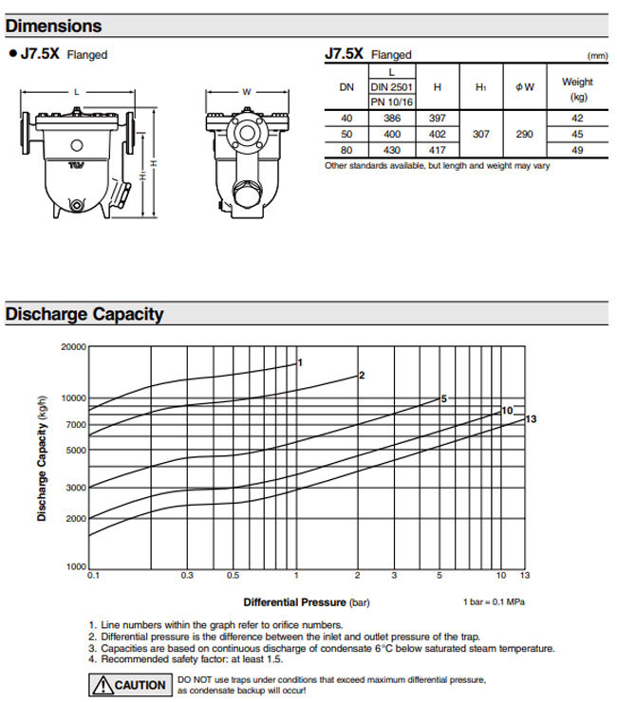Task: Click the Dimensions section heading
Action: pyautogui.click(x=54, y=26)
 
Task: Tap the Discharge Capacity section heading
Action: pyautogui.click(x=84, y=314)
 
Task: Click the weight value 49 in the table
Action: pyautogui.click(x=576, y=150)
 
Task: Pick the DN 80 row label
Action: pyautogui.click(x=346, y=150)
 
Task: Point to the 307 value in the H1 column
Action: pyautogui.click(x=481, y=134)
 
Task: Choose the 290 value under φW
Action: pyautogui.click(x=524, y=134)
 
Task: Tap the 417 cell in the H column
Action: pyautogui.click(x=437, y=150)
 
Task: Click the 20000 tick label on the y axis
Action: pyautogui.click(x=73, y=347)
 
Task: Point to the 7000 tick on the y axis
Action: pyautogui.click(x=76, y=424)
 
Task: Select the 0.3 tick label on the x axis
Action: pyautogui.click(x=186, y=576)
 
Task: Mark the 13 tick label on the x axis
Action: pyautogui.click(x=525, y=576)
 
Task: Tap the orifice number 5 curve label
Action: pyautogui.click(x=443, y=398)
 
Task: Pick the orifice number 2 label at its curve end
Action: pyautogui.click(x=362, y=376)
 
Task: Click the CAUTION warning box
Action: pyautogui.click(x=129, y=684)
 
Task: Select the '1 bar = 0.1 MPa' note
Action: pyautogui.click(x=493, y=601)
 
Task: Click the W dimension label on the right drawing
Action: pyautogui.click(x=246, y=92)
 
